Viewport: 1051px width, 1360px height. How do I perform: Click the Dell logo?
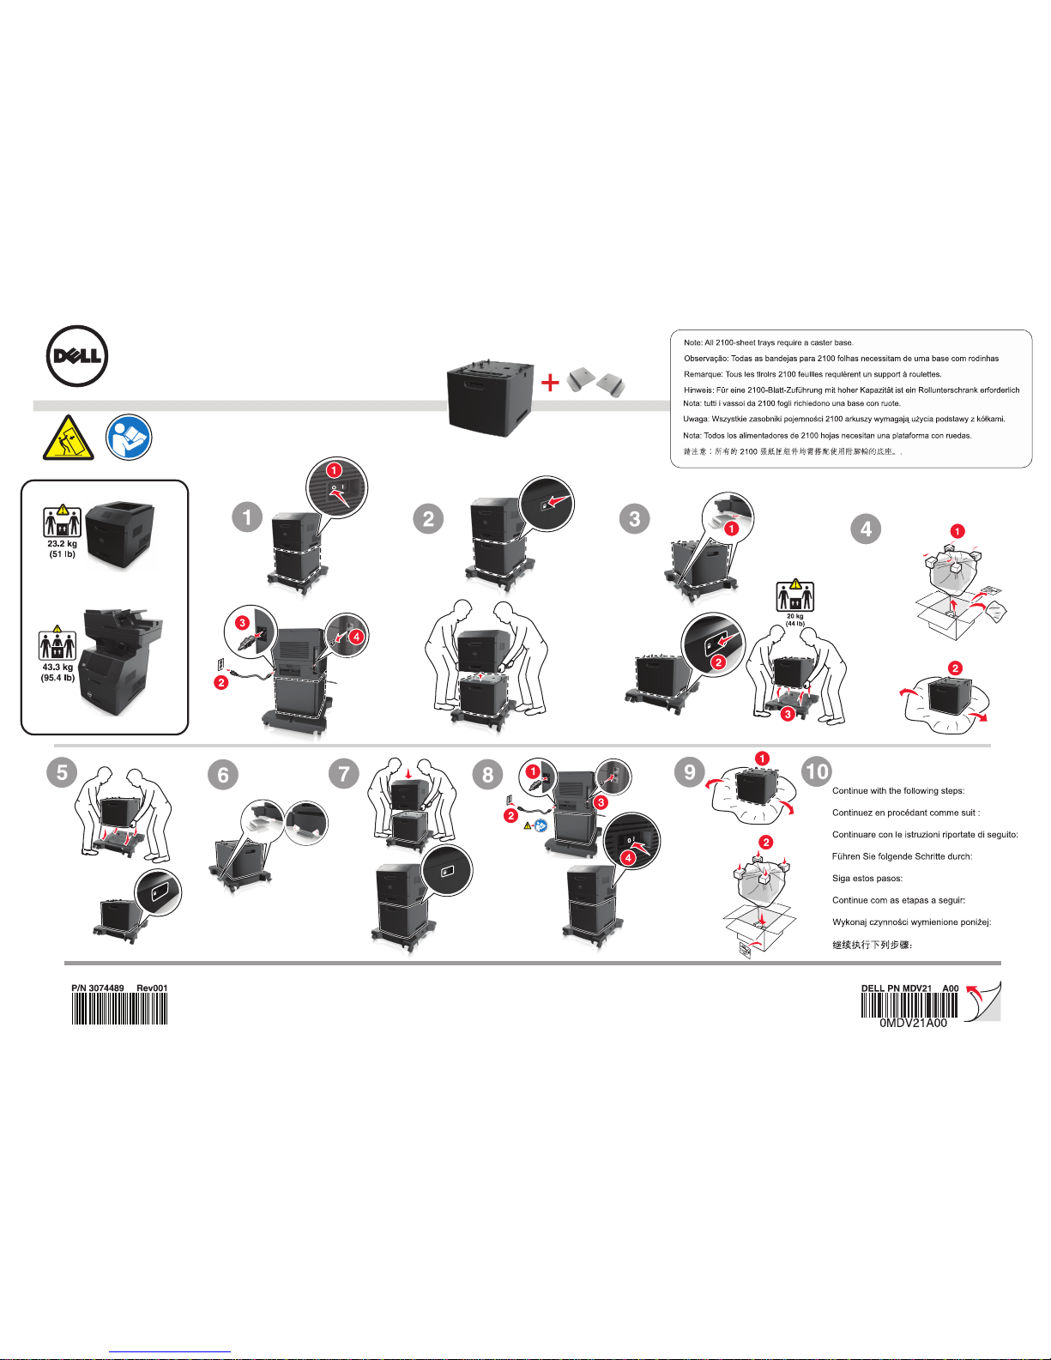(x=77, y=356)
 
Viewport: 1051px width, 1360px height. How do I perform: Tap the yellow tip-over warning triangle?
(x=69, y=437)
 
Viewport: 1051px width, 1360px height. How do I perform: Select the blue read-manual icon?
(x=129, y=437)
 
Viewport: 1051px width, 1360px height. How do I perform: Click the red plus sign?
(x=550, y=383)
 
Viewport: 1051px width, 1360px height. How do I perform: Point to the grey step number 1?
(x=247, y=517)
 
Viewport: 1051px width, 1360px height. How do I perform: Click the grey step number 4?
(x=866, y=529)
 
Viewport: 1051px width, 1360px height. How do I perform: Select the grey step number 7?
(x=344, y=773)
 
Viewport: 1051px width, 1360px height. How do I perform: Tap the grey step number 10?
(x=817, y=771)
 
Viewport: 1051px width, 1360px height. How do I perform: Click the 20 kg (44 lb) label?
(x=795, y=620)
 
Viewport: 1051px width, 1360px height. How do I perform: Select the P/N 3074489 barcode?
(x=119, y=1009)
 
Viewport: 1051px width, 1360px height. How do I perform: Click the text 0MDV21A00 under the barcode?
(x=913, y=1024)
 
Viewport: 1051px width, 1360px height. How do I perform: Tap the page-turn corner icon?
(x=983, y=1001)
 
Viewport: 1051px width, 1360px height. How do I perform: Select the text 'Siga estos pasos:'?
(x=867, y=879)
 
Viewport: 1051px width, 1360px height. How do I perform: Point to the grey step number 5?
(x=62, y=771)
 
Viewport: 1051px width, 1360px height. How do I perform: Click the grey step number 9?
(x=690, y=771)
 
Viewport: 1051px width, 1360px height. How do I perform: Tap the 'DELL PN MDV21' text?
(x=897, y=988)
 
